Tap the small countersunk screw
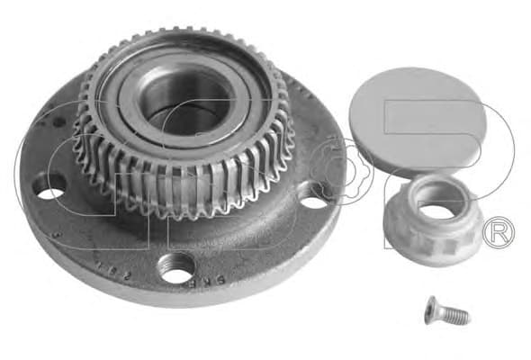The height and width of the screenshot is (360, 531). pos(446,312)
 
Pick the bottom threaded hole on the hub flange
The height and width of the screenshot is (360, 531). pos(175,266)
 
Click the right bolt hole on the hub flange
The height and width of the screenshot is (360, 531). pos(315,196)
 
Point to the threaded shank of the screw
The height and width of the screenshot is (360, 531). pos(456,316)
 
